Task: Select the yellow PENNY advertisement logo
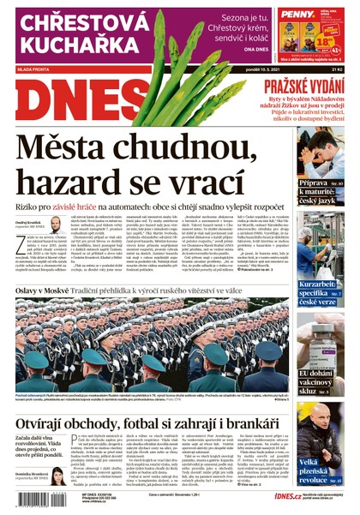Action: click(x=295, y=15)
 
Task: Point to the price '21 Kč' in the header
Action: click(x=338, y=69)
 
